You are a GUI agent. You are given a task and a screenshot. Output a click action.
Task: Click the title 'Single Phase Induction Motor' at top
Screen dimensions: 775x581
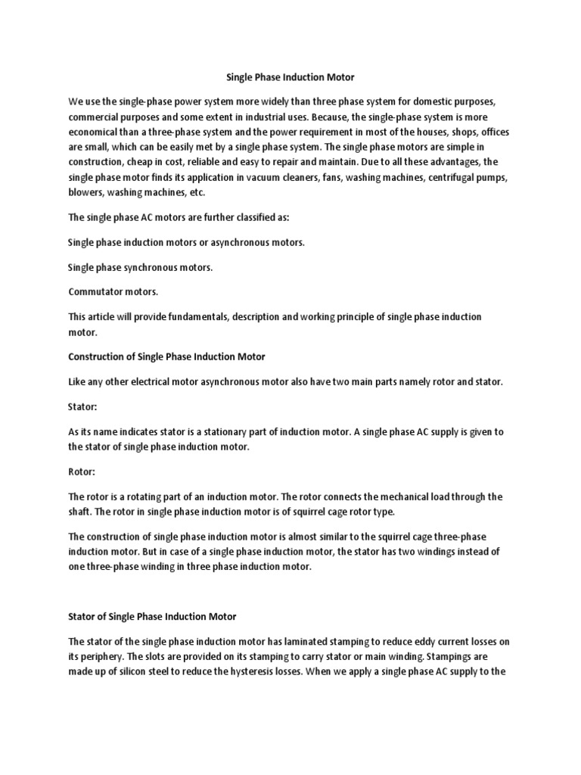(x=290, y=77)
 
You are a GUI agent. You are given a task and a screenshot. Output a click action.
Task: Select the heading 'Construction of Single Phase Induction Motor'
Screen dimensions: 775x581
(x=166, y=356)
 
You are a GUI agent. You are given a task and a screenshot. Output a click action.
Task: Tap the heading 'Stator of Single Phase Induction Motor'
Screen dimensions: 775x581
(x=153, y=616)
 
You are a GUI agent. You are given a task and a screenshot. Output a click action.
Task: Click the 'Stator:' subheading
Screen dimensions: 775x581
(x=82, y=406)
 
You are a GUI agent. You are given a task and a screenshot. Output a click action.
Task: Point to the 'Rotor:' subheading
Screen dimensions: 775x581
(x=82, y=471)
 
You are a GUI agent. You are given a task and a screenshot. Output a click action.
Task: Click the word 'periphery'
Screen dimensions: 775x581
(x=104, y=657)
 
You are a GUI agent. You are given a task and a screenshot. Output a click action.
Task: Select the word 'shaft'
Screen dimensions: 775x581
(x=80, y=512)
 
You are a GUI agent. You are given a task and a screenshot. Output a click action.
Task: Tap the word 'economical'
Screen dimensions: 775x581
(x=95, y=133)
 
